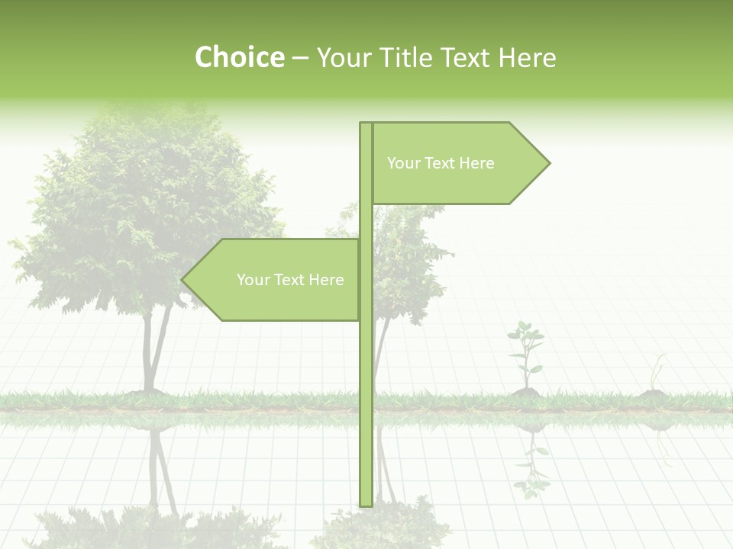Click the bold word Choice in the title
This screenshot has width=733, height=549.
click(x=239, y=57)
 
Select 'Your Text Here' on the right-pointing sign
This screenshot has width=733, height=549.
click(x=441, y=163)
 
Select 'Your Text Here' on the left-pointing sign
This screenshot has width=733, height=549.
click(x=290, y=280)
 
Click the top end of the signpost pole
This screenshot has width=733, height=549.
click(x=366, y=124)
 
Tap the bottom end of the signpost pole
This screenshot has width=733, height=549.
click(x=366, y=503)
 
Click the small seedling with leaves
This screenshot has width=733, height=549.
click(x=525, y=351)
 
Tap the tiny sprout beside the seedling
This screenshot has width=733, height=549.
click(x=655, y=374)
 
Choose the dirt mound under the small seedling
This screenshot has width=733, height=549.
click(x=525, y=392)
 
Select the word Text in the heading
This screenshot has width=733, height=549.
click(x=467, y=57)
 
